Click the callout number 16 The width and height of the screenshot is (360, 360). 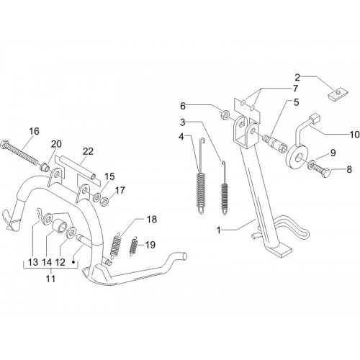point(34,131)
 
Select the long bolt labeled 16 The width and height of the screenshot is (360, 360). point(19,151)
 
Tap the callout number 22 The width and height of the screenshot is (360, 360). point(88,151)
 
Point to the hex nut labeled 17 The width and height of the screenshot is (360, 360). point(104,200)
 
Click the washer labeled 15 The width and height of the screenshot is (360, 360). point(97,197)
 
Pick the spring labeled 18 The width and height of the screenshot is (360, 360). point(115,246)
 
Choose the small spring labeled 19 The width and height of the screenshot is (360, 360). point(133,246)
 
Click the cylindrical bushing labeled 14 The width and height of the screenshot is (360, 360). point(59,226)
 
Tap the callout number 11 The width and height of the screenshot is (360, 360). point(50,279)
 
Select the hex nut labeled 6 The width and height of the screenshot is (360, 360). point(225,114)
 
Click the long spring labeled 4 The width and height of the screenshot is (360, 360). point(201,176)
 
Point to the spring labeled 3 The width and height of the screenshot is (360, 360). point(225,188)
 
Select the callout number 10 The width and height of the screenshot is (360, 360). point(355,135)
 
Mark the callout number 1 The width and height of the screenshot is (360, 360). point(219,230)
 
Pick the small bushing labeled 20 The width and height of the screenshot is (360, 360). point(44,167)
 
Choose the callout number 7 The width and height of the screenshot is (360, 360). point(295,89)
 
